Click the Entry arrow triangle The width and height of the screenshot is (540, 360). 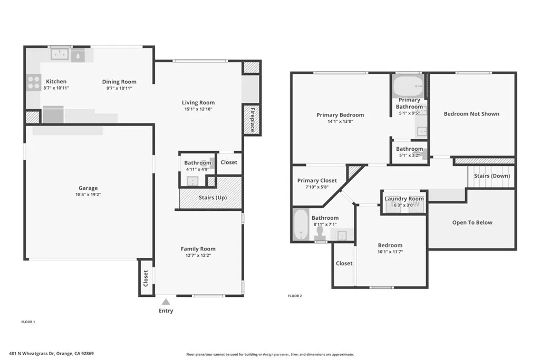click(166, 302)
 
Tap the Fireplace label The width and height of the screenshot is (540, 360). click(252, 119)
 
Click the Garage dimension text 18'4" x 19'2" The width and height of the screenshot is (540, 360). click(88, 194)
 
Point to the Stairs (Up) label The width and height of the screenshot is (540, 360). click(214, 198)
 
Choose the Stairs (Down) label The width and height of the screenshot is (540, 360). click(491, 176)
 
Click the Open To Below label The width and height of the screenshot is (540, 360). click(472, 222)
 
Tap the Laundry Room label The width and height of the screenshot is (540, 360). click(404, 199)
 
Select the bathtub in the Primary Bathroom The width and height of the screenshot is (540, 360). click(409, 85)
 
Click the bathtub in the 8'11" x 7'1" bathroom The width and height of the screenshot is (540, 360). click(300, 224)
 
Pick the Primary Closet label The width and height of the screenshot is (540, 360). click(317, 180)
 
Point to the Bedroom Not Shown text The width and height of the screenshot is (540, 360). click(471, 114)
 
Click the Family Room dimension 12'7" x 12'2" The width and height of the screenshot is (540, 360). click(198, 256)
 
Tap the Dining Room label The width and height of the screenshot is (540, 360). click(119, 82)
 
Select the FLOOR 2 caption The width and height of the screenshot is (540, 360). click(295, 296)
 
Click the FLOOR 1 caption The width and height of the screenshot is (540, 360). click(27, 322)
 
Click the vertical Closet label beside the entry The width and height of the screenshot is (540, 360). click(146, 278)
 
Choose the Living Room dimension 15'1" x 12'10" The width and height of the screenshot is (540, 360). click(198, 109)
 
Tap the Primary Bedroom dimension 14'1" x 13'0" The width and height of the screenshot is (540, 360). click(340, 121)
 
